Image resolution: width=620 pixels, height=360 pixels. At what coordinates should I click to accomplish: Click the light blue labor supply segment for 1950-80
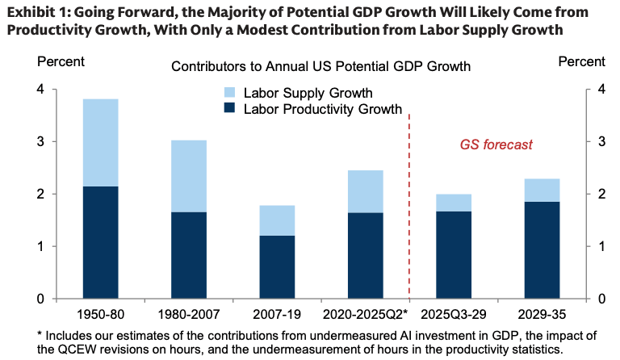(x=101, y=143)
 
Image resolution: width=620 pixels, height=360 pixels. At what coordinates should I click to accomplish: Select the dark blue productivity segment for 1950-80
(x=101, y=242)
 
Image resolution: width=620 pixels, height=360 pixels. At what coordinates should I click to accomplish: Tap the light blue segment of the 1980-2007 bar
(x=189, y=176)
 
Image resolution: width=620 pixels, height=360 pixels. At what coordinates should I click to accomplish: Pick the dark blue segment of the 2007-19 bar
(x=277, y=266)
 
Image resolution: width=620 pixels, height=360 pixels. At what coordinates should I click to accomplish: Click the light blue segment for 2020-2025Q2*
(x=365, y=191)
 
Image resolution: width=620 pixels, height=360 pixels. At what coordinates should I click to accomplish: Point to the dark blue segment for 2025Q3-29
(x=453, y=255)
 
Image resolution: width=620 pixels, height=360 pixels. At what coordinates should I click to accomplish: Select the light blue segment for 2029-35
(x=541, y=190)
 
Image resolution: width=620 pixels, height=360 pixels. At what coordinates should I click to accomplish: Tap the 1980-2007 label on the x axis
(x=189, y=312)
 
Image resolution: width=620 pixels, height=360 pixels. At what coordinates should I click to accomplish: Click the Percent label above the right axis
(x=581, y=62)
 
